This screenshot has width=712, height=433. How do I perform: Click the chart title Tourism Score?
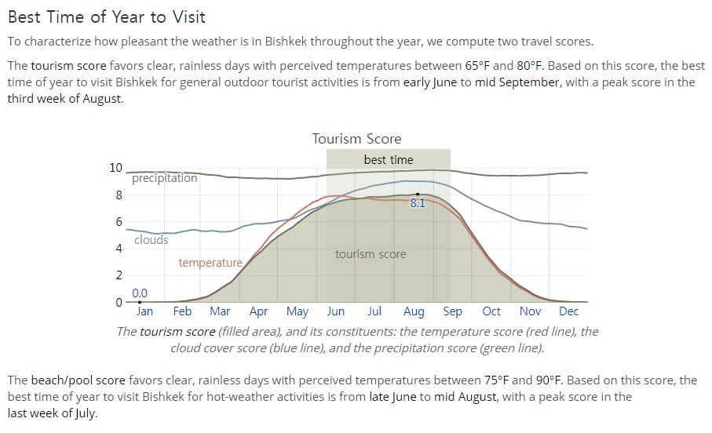click(356, 138)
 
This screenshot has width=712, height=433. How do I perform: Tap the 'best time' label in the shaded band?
click(389, 160)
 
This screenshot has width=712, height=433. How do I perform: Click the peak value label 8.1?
click(418, 203)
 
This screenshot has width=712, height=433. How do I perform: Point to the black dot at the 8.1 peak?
click(418, 195)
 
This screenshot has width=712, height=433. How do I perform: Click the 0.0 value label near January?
click(140, 293)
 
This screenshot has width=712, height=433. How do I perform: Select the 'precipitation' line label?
click(164, 178)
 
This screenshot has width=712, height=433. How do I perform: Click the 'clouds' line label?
click(152, 240)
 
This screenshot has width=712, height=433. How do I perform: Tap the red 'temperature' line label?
click(210, 263)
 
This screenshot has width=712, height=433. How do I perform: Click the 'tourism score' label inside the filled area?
click(371, 254)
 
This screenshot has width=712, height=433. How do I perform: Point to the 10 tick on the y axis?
click(116, 168)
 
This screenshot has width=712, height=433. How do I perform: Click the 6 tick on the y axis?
click(119, 221)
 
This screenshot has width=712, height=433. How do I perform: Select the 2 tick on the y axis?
click(119, 275)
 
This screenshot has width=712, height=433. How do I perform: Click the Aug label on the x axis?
click(414, 312)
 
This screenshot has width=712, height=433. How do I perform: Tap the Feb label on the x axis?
click(182, 311)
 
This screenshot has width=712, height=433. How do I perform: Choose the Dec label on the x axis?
click(568, 311)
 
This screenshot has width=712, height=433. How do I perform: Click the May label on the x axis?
click(297, 312)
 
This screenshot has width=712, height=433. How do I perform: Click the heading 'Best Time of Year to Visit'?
click(107, 16)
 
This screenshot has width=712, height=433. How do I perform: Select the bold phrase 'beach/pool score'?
click(78, 380)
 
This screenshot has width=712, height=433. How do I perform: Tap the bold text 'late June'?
click(393, 397)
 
